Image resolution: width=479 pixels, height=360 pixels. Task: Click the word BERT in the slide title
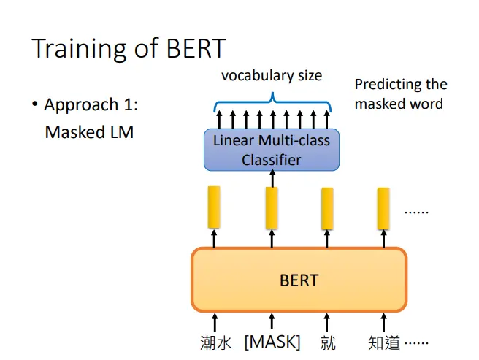(x=196, y=48)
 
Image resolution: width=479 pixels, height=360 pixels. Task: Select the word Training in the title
(x=79, y=49)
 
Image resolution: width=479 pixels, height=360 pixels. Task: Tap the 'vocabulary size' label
(x=272, y=76)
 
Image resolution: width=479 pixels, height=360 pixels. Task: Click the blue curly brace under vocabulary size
(x=272, y=102)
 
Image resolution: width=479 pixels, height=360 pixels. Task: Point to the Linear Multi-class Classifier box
(x=272, y=150)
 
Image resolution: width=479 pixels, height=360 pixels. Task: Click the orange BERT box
(x=299, y=280)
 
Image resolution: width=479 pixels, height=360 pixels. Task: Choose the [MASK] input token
(x=272, y=342)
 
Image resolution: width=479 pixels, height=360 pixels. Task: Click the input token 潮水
(x=215, y=342)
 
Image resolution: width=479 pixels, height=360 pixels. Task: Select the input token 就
(x=328, y=342)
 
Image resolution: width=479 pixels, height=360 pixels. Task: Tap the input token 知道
(x=383, y=342)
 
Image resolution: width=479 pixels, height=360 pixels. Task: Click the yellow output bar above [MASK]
(x=272, y=208)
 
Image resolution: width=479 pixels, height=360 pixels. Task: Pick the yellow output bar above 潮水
(x=214, y=207)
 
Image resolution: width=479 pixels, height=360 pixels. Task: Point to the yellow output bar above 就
(x=327, y=209)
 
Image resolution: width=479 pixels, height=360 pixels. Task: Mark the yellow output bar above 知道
(x=383, y=209)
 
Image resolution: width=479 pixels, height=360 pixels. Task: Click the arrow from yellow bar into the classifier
(x=272, y=178)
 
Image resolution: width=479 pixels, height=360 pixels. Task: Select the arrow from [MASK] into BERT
(x=272, y=321)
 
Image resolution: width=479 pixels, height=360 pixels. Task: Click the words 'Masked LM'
(x=89, y=132)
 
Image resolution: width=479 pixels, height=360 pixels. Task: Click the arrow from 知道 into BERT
(x=383, y=322)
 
